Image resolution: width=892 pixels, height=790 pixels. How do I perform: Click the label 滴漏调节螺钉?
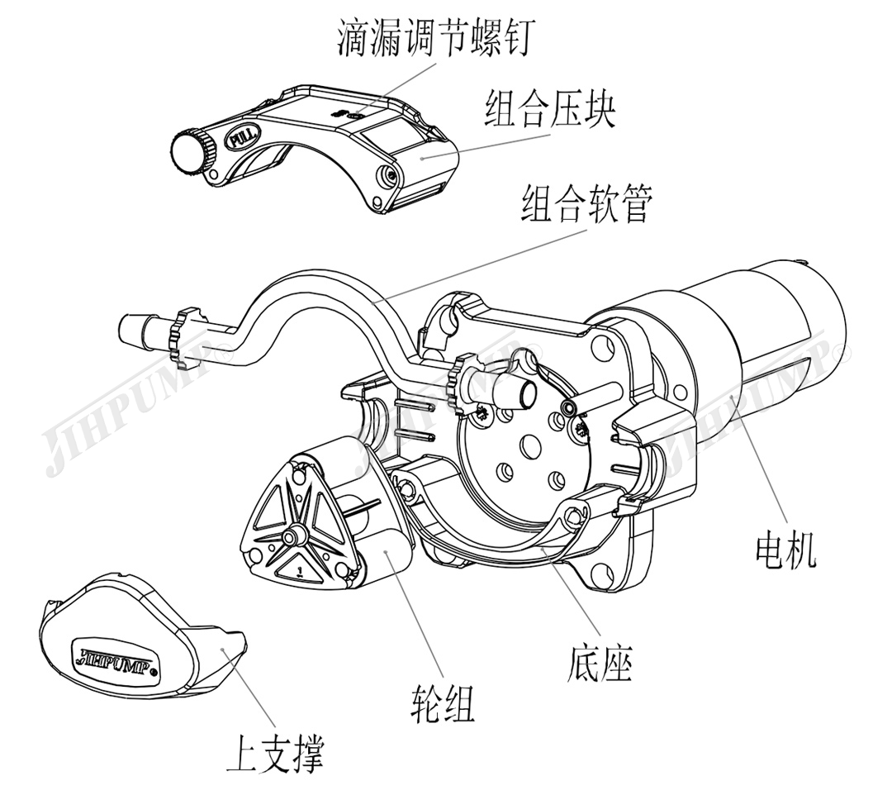pos(439,39)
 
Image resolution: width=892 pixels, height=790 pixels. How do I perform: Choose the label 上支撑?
pos(275,754)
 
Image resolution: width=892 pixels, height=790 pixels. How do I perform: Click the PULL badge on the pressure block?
pos(245,136)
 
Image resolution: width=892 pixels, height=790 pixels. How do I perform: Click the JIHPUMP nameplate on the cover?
pos(116,654)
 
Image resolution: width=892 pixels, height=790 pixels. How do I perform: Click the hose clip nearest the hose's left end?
pos(181,335)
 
